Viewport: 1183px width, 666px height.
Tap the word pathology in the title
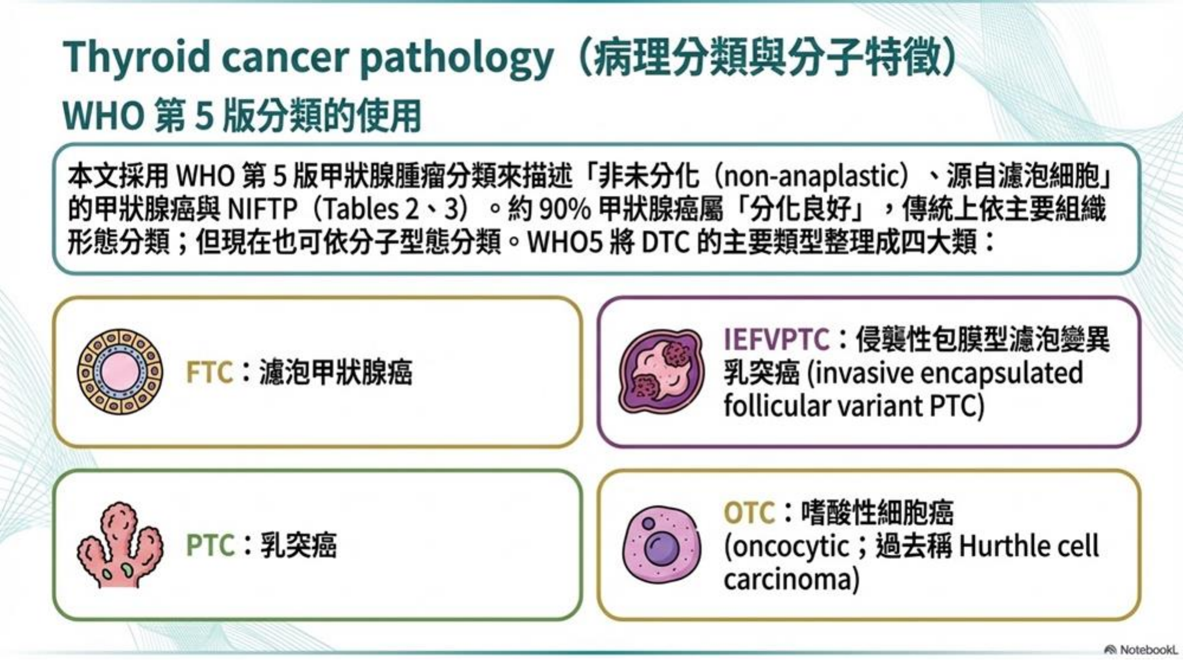(457, 59)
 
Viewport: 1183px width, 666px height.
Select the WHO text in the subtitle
(103, 115)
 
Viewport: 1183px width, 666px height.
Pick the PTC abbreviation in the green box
(210, 545)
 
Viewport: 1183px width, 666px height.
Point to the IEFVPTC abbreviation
(776, 340)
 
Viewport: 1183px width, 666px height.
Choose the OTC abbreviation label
(749, 512)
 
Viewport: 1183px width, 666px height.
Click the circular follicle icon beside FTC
(120, 371)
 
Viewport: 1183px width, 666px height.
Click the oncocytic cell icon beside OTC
(662, 544)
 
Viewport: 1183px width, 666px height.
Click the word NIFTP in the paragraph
(262, 209)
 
